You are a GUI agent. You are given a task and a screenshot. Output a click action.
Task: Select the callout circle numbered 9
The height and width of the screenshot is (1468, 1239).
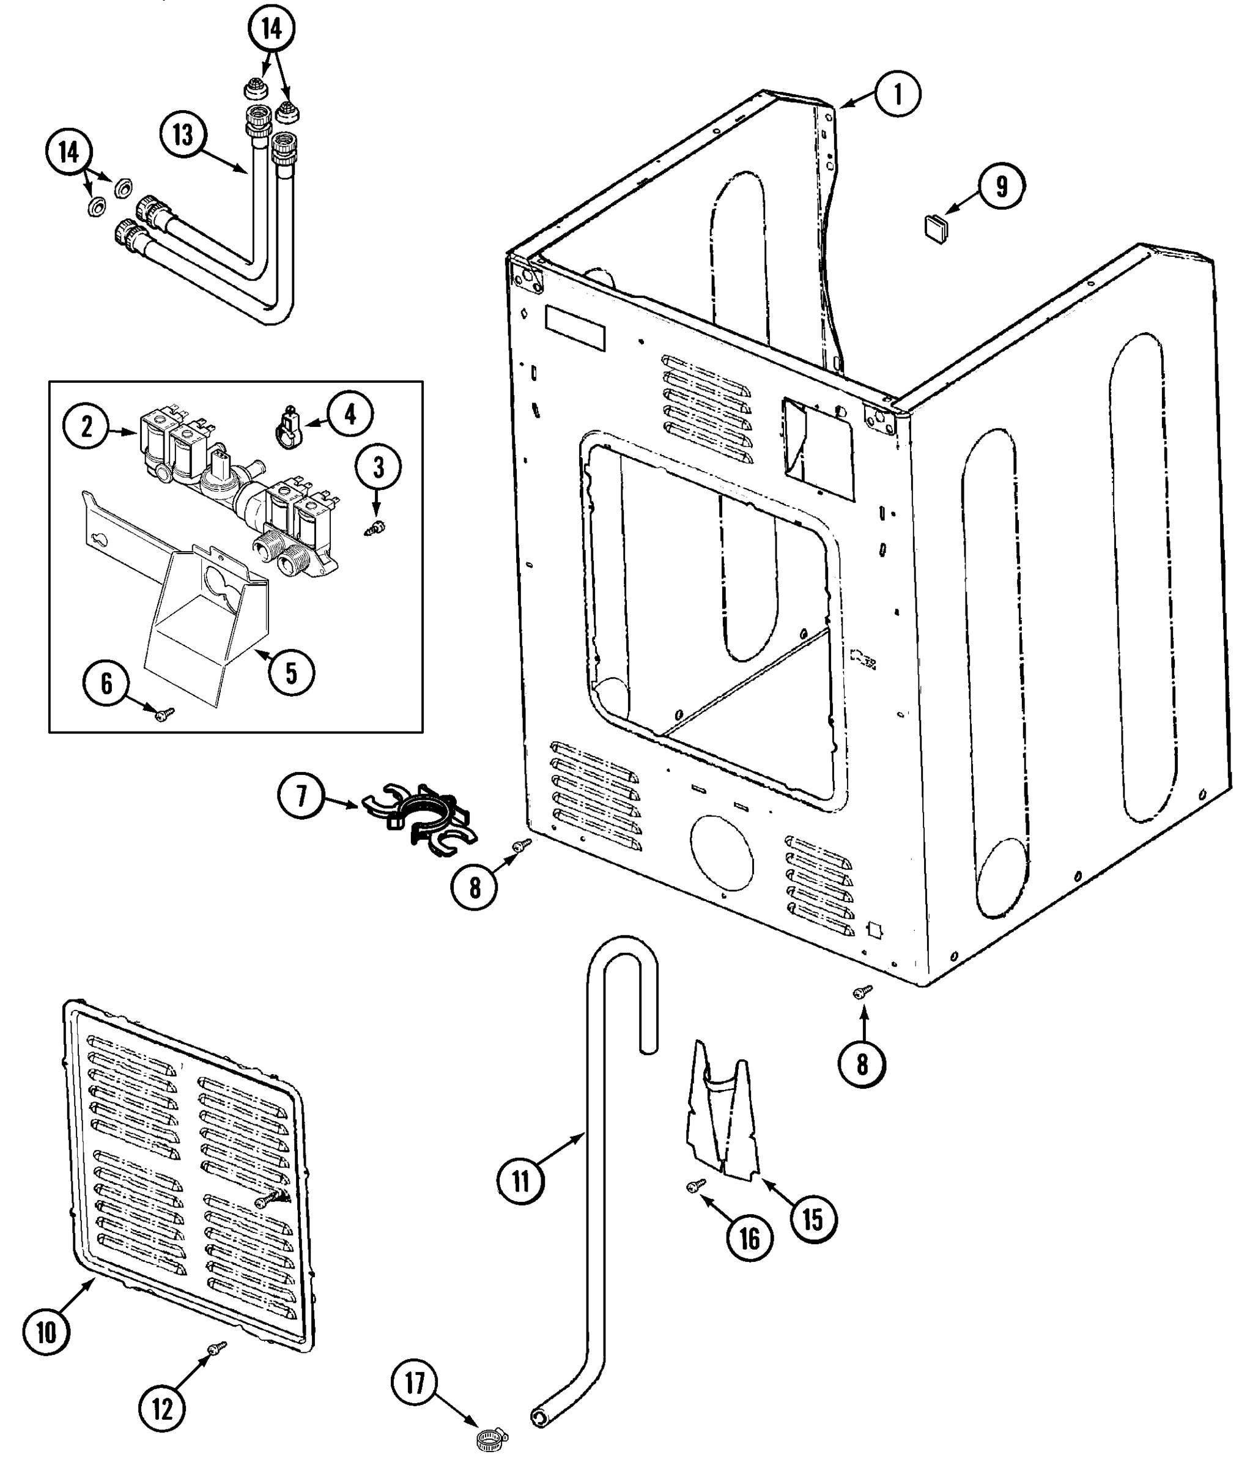(x=1001, y=187)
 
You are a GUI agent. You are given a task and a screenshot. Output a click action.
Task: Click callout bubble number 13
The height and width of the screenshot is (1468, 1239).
(x=183, y=134)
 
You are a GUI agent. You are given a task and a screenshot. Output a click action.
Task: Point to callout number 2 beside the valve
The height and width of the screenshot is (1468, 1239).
(x=86, y=426)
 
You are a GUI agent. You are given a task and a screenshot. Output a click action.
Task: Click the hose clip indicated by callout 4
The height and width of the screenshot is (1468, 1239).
(x=289, y=428)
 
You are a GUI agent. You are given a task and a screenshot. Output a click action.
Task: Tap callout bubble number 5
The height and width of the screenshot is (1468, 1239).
(x=290, y=673)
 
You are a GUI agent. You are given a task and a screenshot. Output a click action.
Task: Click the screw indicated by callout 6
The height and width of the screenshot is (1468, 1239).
(x=166, y=714)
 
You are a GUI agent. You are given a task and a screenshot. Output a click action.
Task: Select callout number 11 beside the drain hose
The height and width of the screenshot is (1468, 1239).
(x=520, y=1180)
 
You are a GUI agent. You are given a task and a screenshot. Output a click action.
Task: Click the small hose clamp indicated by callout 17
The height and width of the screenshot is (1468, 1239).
(x=491, y=1439)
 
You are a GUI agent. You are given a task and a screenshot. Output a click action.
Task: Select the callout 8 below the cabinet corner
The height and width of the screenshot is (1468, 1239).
(x=862, y=1065)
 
